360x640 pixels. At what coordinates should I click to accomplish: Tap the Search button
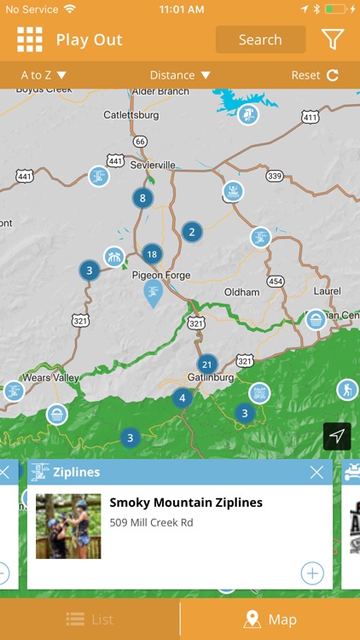tap(260, 40)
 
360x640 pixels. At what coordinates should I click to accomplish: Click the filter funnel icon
tap(332, 39)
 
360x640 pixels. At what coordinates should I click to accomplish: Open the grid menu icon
tap(30, 40)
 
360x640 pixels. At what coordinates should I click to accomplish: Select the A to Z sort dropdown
tap(44, 75)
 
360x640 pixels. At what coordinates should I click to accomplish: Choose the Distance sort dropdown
tap(180, 75)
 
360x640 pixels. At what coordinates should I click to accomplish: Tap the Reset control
tap(315, 75)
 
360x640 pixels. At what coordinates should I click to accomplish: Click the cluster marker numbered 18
tap(152, 253)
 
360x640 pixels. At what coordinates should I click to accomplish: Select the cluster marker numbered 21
tap(206, 364)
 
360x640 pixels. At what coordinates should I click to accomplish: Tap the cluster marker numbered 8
tap(142, 199)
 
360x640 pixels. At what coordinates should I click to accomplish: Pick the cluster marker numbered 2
tap(192, 231)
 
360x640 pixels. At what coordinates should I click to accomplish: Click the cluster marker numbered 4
tap(182, 398)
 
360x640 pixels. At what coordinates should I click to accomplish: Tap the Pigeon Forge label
tap(161, 276)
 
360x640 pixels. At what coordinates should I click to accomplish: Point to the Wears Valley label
tap(50, 378)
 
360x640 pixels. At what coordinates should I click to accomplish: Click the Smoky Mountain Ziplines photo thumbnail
tap(68, 527)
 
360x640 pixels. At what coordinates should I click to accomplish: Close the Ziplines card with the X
tap(316, 472)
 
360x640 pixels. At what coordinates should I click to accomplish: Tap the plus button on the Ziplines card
tap(312, 573)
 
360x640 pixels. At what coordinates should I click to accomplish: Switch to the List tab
tap(90, 620)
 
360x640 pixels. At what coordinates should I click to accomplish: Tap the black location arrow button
tap(337, 436)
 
